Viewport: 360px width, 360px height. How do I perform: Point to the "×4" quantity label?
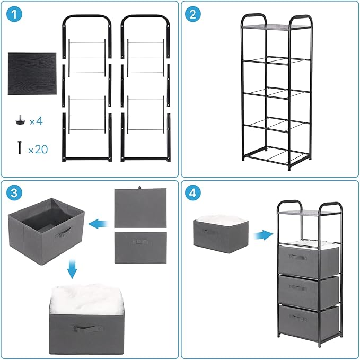point(36,122)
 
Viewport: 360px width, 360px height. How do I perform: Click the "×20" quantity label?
point(37,150)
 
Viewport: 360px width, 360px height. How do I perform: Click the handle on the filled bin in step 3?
point(83,329)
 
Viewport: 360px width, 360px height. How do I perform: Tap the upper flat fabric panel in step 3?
point(141,208)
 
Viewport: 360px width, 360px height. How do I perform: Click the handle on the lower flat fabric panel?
point(141,242)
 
